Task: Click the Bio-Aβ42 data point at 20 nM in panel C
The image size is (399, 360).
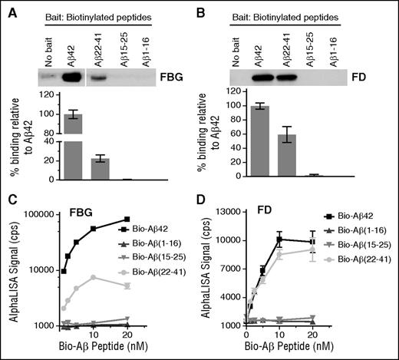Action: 127,219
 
